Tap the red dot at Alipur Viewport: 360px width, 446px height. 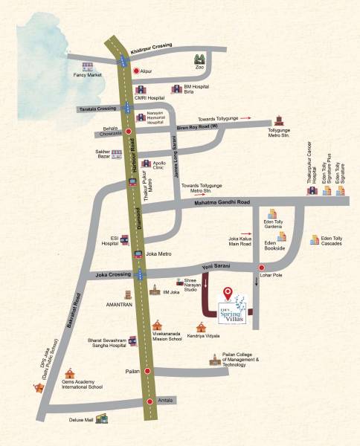136,71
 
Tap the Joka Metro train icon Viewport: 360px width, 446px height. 138,253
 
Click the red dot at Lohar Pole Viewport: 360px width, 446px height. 261,268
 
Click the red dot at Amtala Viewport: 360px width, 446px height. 148,401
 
